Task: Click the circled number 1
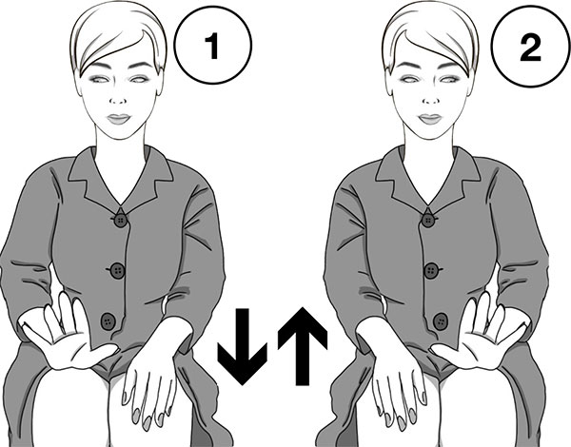click(x=213, y=45)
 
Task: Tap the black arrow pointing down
click(x=242, y=346)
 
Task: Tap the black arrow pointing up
click(x=303, y=346)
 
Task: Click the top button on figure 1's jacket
click(x=120, y=220)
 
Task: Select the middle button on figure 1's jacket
click(x=117, y=270)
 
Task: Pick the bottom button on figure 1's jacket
click(x=108, y=321)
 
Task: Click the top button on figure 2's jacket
click(x=428, y=220)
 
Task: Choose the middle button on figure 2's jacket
click(x=432, y=270)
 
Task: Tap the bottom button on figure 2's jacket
click(x=441, y=321)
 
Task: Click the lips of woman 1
click(x=118, y=119)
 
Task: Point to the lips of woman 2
click(x=430, y=119)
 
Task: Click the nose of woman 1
click(x=118, y=98)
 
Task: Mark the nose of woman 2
click(x=430, y=98)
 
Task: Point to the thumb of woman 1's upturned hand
click(x=103, y=351)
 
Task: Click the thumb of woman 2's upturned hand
click(x=446, y=351)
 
